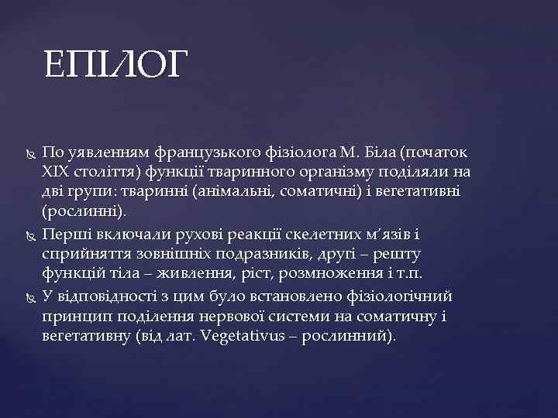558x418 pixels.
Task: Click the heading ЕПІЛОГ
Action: (x=115, y=64)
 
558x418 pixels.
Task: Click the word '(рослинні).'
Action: (x=82, y=211)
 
